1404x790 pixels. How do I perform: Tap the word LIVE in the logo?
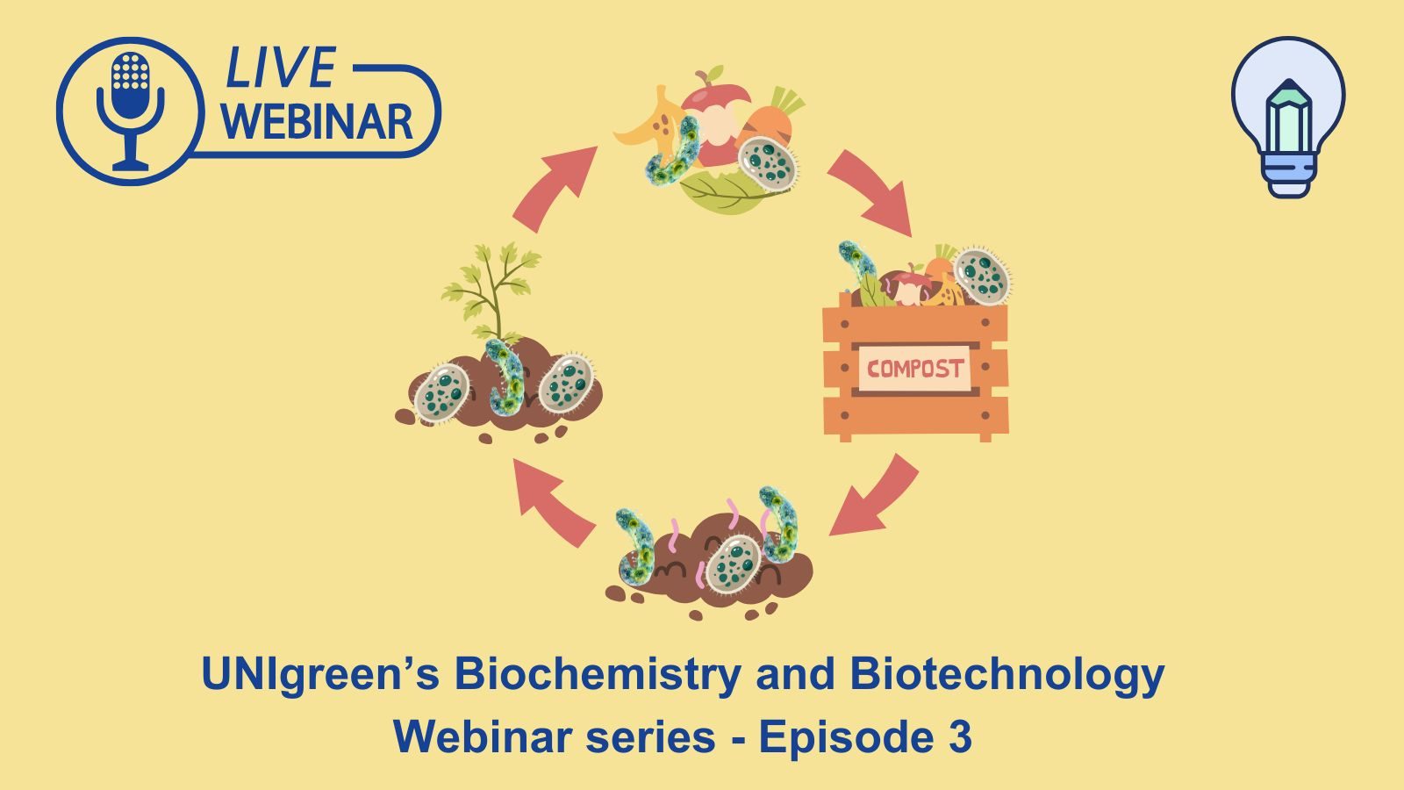[280, 68]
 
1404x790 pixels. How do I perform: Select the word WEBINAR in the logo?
[317, 122]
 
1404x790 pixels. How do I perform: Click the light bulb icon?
[1287, 114]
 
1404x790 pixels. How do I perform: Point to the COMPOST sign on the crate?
[914, 369]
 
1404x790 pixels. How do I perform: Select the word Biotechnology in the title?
[1006, 674]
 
